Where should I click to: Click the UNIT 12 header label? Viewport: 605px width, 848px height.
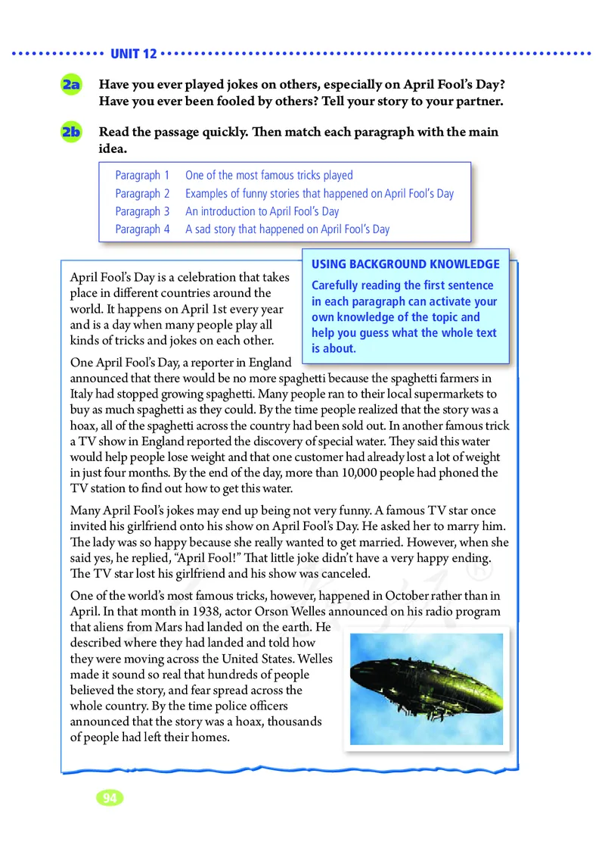point(133,54)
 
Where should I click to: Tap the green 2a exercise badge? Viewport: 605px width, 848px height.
point(73,86)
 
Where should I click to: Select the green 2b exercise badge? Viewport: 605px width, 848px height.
point(73,132)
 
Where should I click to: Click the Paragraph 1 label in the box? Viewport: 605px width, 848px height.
point(142,176)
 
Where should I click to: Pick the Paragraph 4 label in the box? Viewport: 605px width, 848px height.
point(142,229)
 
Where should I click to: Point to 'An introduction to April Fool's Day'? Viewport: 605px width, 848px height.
point(262,211)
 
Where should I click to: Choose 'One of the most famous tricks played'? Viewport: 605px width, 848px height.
point(268,176)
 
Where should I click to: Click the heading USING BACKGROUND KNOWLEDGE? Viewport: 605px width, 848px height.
point(405,264)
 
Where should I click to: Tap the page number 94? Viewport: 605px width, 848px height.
point(110,798)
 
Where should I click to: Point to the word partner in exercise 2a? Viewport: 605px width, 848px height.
point(479,101)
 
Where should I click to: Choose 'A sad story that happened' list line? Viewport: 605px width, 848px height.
point(287,229)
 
